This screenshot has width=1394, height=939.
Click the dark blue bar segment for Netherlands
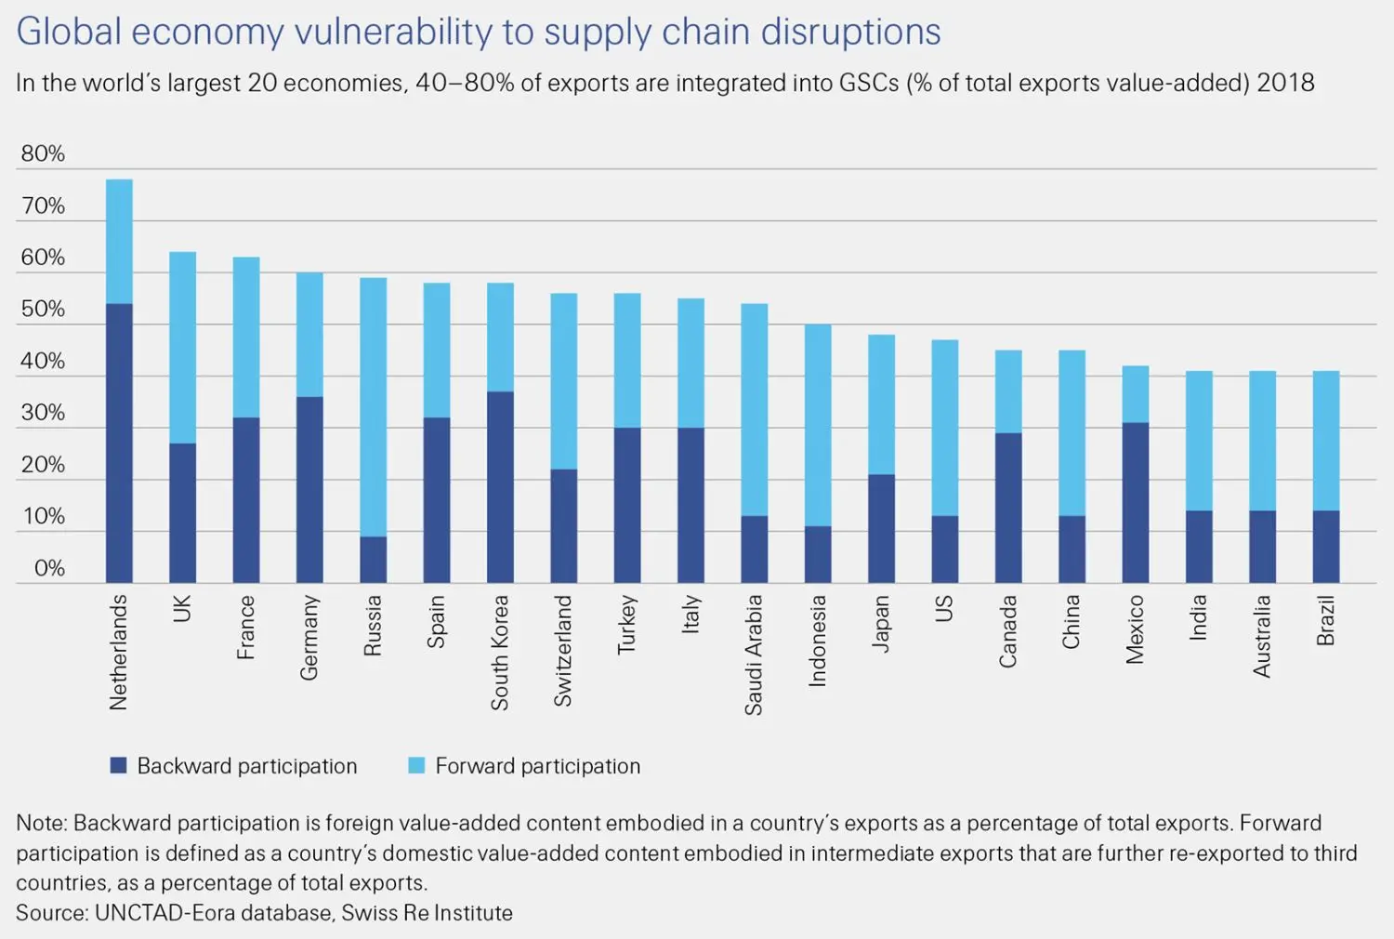pyautogui.click(x=119, y=443)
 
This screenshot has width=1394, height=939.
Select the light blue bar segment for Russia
pyautogui.click(x=373, y=406)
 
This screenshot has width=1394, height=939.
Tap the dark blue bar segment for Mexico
pyautogui.click(x=1135, y=502)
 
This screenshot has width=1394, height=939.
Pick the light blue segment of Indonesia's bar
pyautogui.click(x=817, y=425)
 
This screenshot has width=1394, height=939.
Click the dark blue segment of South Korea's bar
pyautogui.click(x=500, y=486)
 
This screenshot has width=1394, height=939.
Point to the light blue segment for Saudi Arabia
pyautogui.click(x=754, y=409)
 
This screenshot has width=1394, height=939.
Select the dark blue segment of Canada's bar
pyautogui.click(x=1008, y=508)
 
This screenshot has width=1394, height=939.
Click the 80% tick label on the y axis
pyautogui.click(x=43, y=154)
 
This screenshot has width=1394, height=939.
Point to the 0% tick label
pyautogui.click(x=48, y=568)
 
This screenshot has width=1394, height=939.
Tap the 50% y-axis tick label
pyautogui.click(x=43, y=310)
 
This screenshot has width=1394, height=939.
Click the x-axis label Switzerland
pyautogui.click(x=563, y=651)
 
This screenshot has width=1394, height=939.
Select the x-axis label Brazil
pyautogui.click(x=1325, y=622)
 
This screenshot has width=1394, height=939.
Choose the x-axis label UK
pyautogui.click(x=182, y=608)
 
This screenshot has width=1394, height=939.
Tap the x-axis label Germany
pyautogui.click(x=309, y=638)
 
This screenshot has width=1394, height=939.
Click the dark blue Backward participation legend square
pyautogui.click(x=118, y=765)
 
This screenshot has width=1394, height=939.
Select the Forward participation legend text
pyautogui.click(x=537, y=766)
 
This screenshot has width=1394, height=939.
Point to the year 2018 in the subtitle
pyautogui.click(x=1285, y=83)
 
